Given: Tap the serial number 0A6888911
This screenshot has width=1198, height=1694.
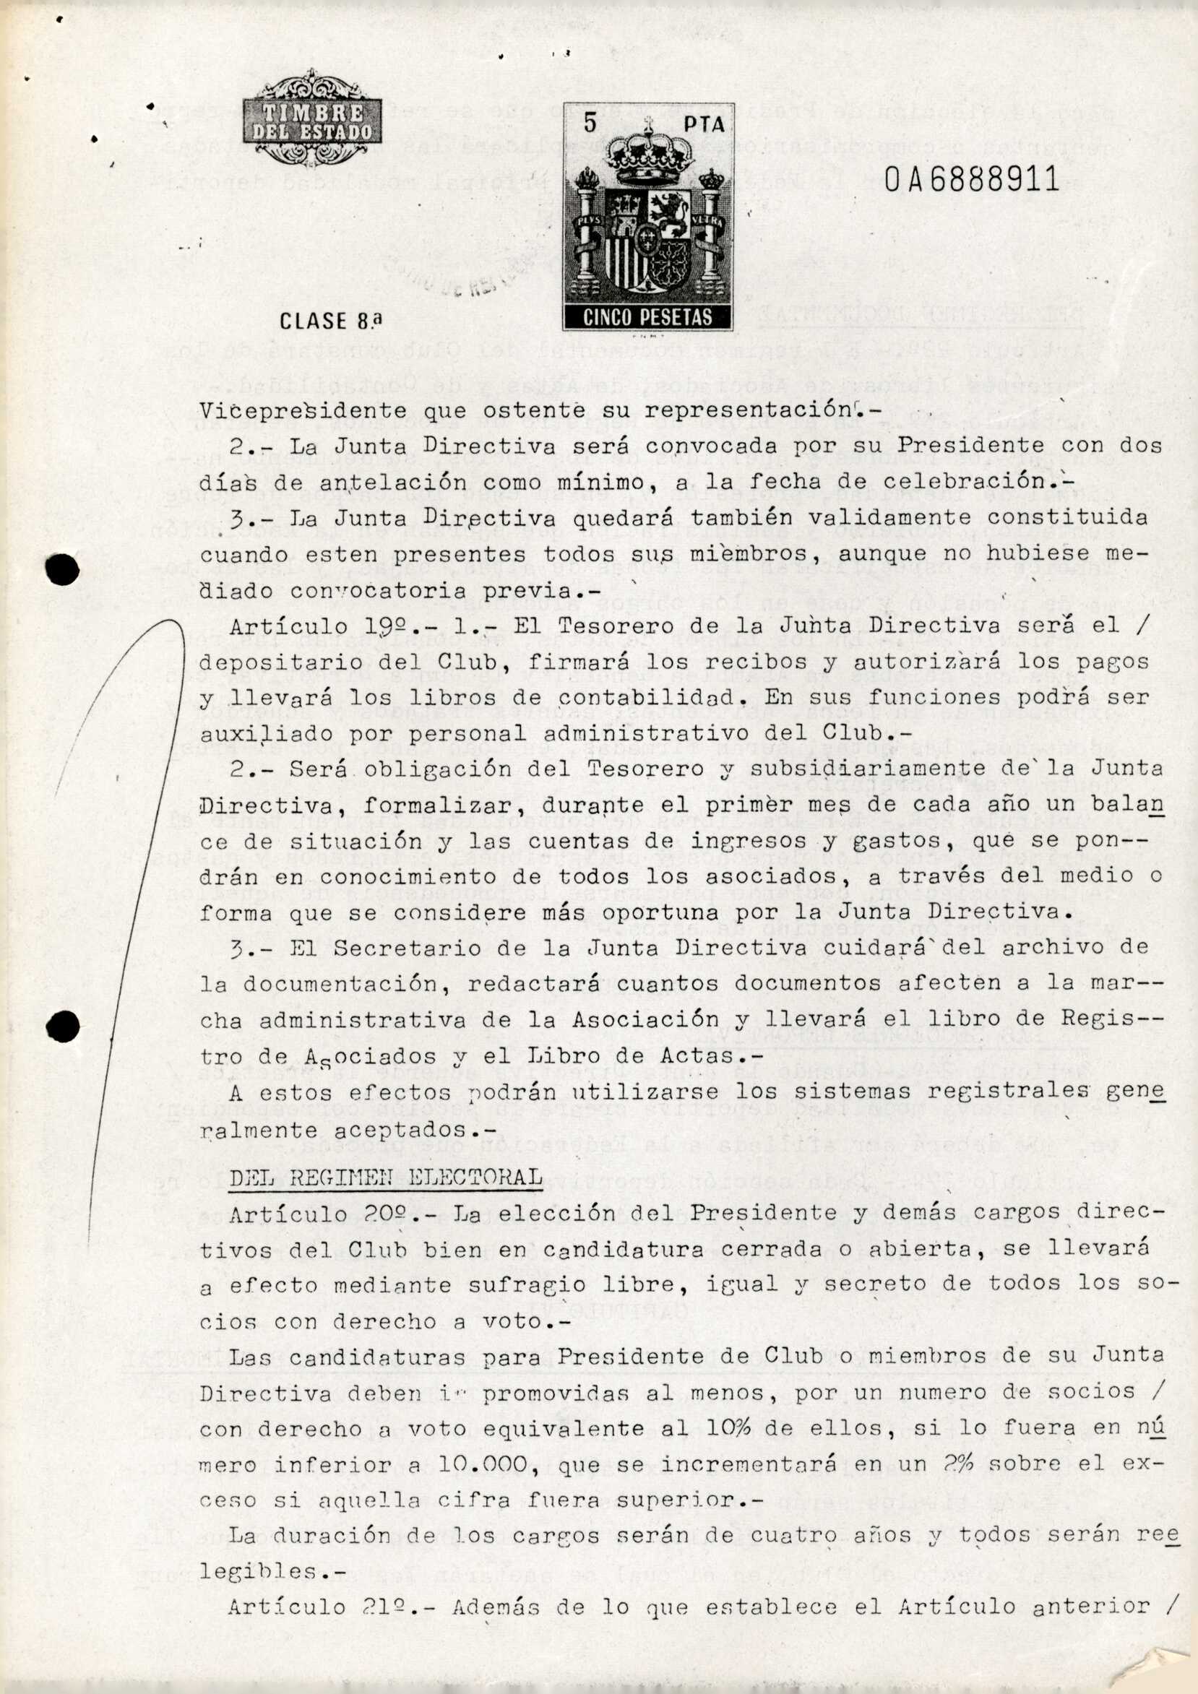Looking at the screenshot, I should click(x=970, y=179).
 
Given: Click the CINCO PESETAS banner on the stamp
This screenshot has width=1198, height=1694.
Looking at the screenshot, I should click(x=647, y=317).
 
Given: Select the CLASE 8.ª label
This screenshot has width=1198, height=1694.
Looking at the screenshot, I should click(x=332, y=321).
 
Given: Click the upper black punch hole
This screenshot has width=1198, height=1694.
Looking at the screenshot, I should click(x=62, y=569).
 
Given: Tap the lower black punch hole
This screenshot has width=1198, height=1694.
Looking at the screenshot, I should click(x=62, y=1027).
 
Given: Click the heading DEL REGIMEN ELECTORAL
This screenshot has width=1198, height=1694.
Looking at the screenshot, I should click(x=385, y=1177).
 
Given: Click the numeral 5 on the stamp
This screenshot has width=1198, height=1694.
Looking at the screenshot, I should click(x=590, y=124).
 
